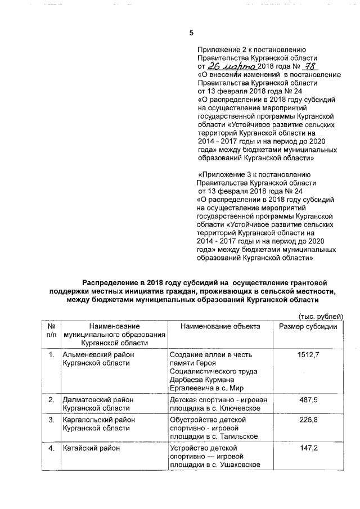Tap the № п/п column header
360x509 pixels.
point(51,331)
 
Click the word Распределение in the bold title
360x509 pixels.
point(114,281)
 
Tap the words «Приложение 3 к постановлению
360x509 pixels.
point(251,174)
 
